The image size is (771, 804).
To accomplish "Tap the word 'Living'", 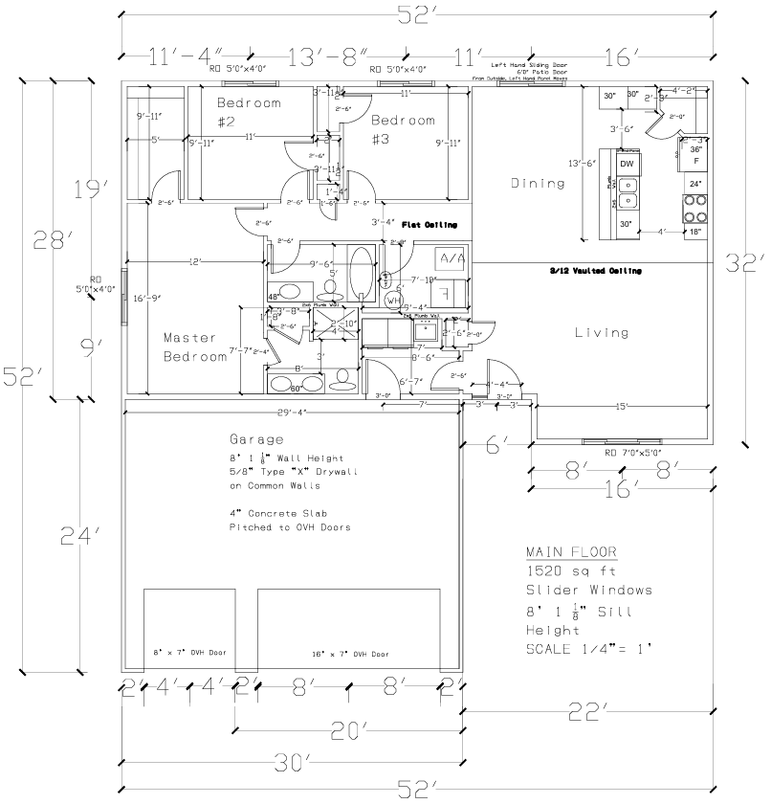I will [602, 333].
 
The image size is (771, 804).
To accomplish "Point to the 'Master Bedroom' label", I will [191, 347].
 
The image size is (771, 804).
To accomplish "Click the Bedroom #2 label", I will [248, 112].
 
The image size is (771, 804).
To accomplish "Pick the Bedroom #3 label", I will [403, 130].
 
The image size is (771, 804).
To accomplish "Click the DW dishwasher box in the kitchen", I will [627, 165].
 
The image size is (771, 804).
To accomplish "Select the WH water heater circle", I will [394, 301].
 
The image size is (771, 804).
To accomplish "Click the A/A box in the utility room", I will [451, 258].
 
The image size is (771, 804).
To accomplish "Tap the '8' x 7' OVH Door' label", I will [188, 653].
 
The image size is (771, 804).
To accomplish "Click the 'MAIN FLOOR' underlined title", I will [571, 552].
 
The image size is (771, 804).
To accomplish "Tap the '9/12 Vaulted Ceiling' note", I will [595, 271].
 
